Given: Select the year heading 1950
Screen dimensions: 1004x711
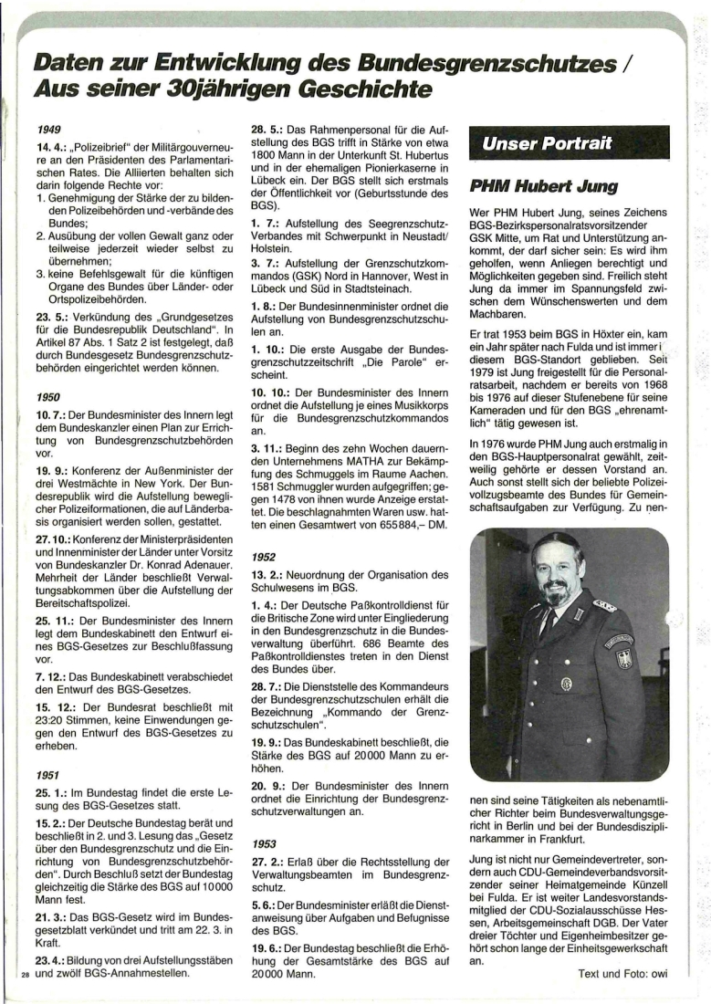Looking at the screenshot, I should click(x=50, y=399).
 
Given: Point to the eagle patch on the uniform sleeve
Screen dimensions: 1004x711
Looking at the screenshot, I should click(x=623, y=654).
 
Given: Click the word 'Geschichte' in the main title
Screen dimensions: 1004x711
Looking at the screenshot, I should click(x=360, y=90).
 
